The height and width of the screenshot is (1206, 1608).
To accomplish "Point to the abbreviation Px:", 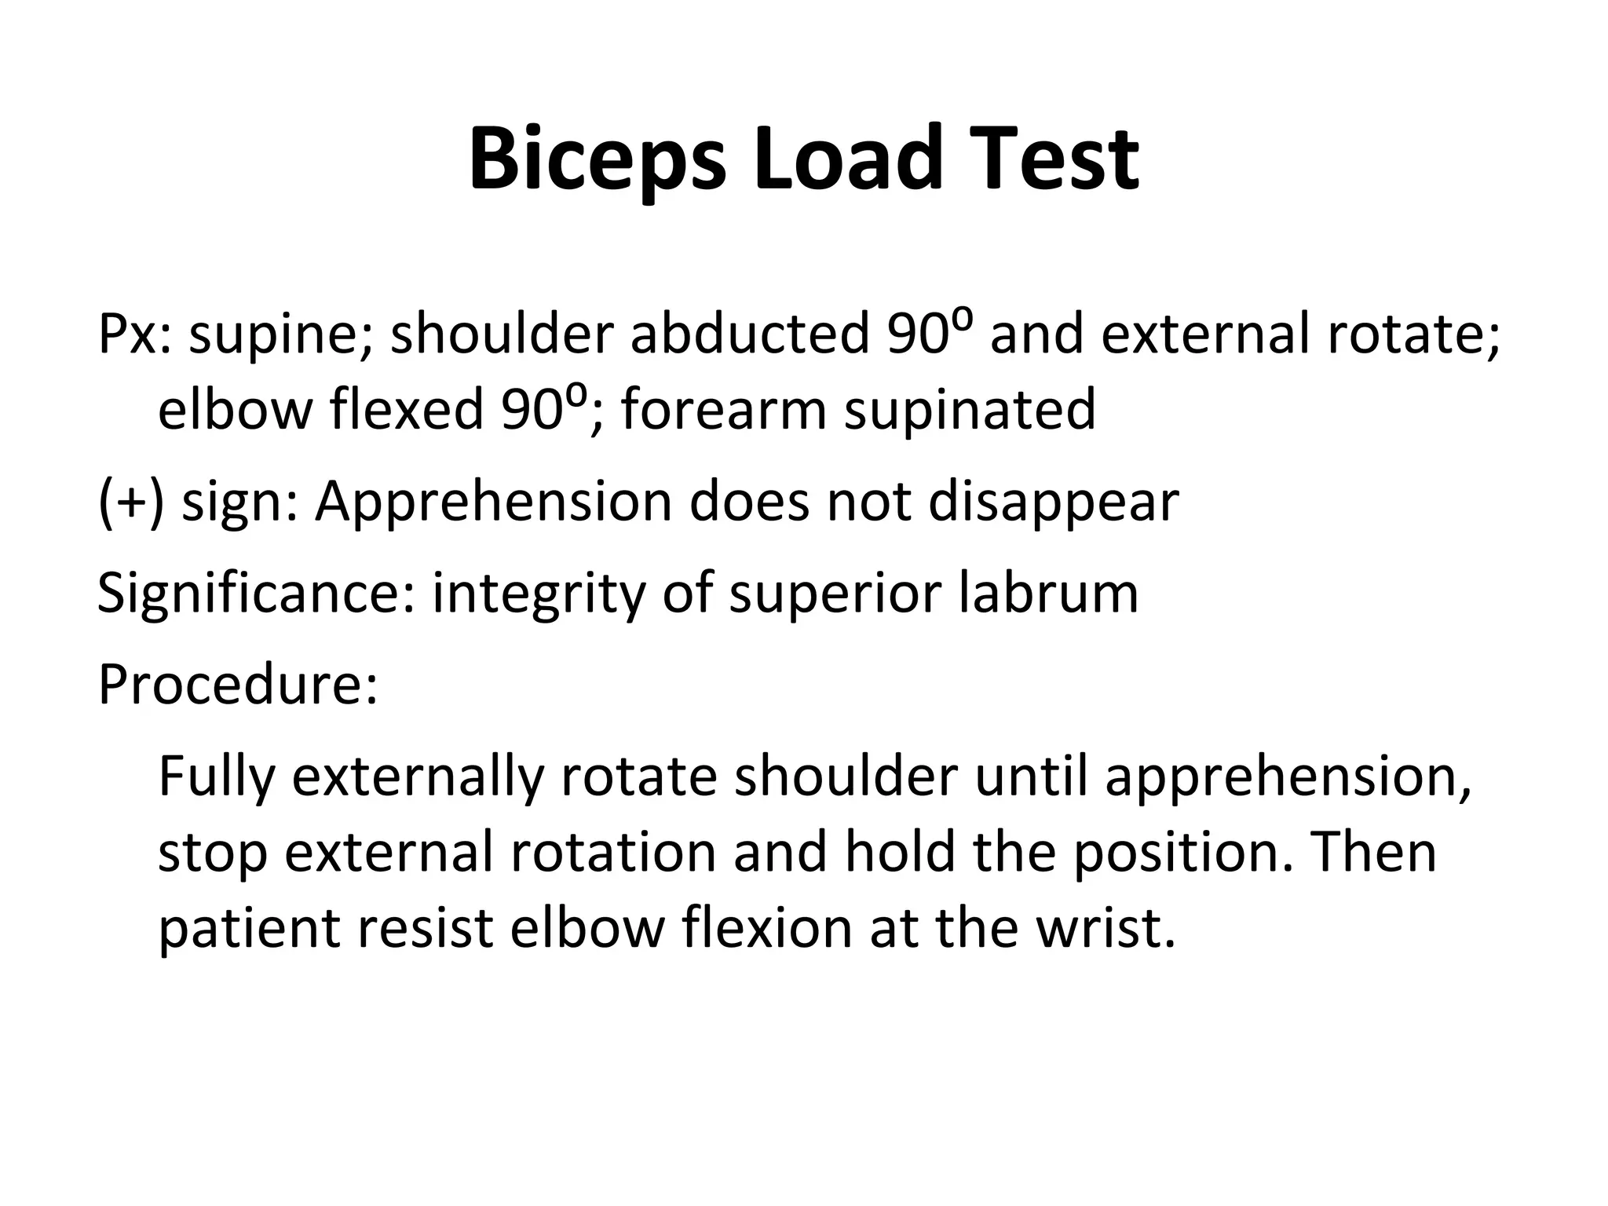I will click(134, 334).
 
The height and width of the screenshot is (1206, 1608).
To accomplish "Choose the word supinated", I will click(969, 411).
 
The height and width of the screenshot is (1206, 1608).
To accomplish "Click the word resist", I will click(425, 928).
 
